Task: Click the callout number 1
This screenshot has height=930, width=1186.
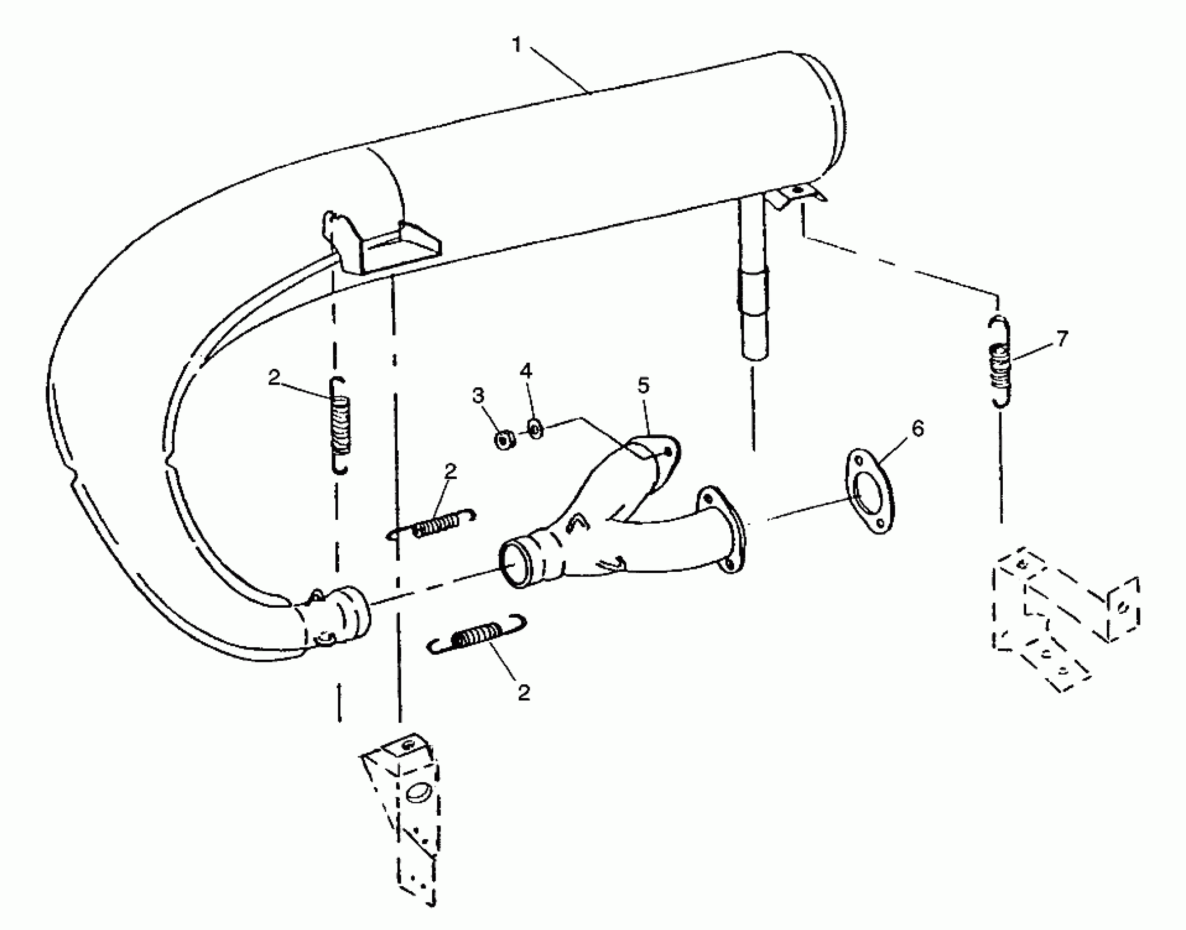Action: (x=517, y=44)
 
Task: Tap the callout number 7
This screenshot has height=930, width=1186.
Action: (x=1061, y=339)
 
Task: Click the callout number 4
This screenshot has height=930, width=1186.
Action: (x=525, y=371)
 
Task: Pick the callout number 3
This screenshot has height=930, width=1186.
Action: (x=478, y=396)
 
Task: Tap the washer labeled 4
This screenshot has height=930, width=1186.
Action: (x=535, y=428)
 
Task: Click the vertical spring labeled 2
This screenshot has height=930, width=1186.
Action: (x=340, y=426)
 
